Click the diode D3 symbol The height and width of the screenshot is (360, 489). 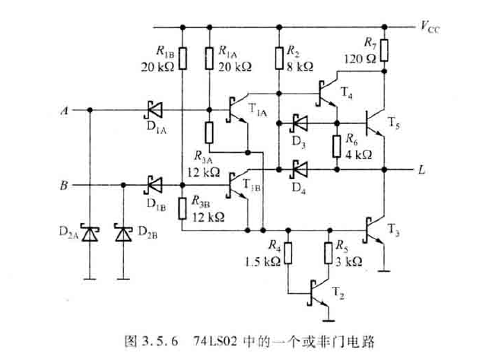tap(298, 122)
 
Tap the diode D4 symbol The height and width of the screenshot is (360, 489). tap(298, 168)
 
